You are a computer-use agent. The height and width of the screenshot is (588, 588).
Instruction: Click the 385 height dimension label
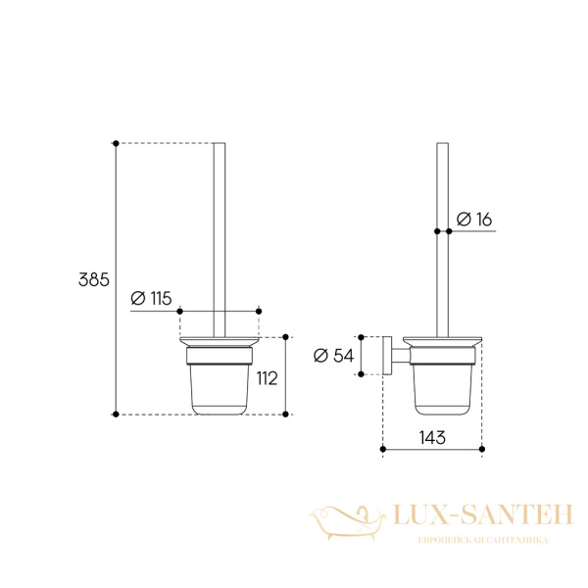coord(94,279)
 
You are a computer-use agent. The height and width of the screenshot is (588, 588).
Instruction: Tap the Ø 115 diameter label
coord(151,299)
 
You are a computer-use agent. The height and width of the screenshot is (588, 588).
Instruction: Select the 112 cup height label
coord(267,378)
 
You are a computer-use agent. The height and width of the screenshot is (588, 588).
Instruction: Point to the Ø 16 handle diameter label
coord(474,220)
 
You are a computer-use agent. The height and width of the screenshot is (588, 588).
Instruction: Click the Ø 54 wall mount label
coord(333,356)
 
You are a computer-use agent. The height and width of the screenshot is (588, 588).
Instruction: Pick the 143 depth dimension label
coord(432,437)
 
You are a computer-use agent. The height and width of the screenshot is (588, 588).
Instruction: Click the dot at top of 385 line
coord(116,143)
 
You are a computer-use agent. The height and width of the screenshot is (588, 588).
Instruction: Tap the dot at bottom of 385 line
coord(116,414)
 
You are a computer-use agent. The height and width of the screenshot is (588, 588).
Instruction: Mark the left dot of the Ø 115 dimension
coord(179,312)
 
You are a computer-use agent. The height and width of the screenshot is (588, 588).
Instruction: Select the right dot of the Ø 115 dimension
coord(259,312)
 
